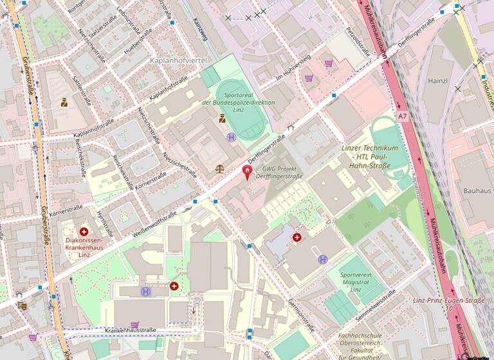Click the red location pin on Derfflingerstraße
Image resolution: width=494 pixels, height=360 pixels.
(x=247, y=172)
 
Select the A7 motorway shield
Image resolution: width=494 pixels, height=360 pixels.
(x=402, y=116)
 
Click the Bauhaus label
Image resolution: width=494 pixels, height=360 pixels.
(x=477, y=191)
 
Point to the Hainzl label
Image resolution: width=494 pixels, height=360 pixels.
(x=437, y=81)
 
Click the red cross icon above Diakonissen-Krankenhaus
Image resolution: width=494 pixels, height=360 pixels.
(x=84, y=231)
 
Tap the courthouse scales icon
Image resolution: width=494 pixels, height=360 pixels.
(x=221, y=169)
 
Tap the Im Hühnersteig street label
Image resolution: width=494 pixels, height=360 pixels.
(x=293, y=67)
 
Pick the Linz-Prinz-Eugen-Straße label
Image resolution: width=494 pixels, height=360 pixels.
(x=448, y=300)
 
